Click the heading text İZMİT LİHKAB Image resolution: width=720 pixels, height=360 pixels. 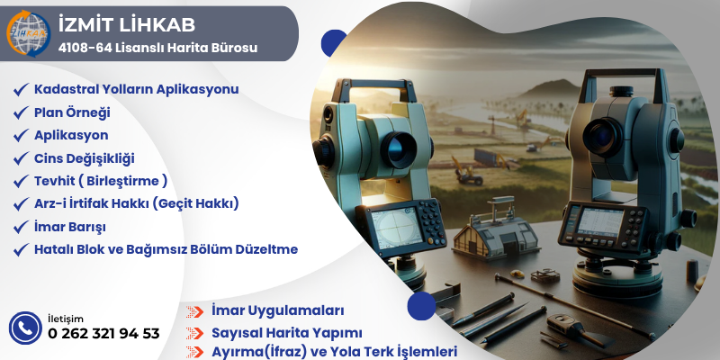coord(125,24)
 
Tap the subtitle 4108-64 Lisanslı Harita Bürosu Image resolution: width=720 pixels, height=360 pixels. coord(157,47)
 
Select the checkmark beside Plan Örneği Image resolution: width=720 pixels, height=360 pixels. coord(20,112)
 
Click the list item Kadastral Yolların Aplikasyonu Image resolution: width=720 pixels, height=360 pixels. coord(136,89)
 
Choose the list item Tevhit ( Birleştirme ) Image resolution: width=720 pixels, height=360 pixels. coord(101,181)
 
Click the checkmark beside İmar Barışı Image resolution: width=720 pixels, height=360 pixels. coord(20,227)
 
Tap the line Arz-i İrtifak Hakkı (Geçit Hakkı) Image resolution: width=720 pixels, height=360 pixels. coord(136,203)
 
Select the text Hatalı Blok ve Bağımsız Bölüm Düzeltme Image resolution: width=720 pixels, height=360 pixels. coord(166,249)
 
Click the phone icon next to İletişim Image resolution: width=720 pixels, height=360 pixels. coord(24,328)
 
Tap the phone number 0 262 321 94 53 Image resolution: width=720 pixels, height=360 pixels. coord(103,334)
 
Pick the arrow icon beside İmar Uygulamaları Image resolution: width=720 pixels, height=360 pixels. coord(194,311)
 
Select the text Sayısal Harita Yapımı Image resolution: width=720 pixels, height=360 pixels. coord(286,332)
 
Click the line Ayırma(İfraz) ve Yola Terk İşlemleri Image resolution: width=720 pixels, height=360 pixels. coord(334,352)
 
